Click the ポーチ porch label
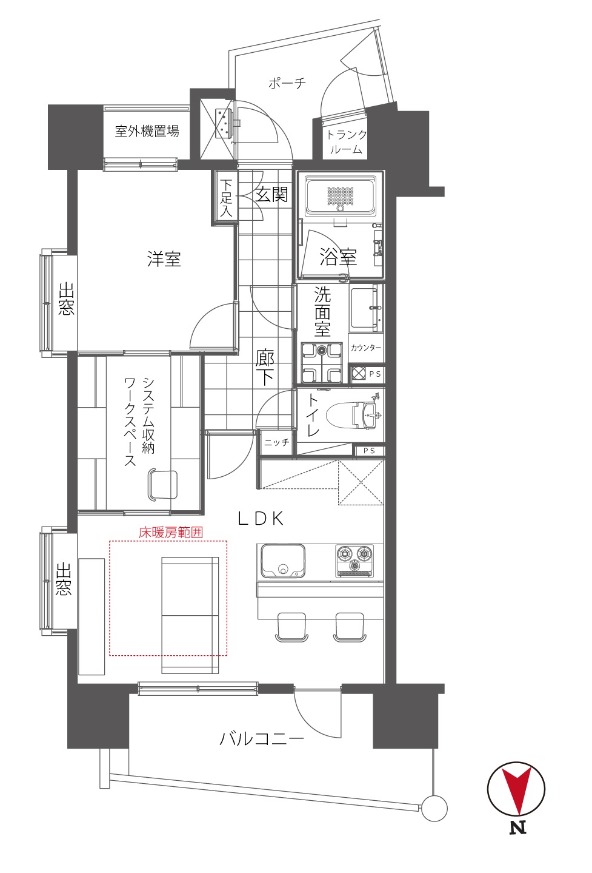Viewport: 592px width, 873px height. [x=287, y=83]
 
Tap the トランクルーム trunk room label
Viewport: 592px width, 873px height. [x=346, y=142]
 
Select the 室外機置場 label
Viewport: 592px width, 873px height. [x=147, y=131]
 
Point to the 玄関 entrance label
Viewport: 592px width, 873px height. [x=271, y=194]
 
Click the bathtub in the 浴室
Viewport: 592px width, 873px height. [x=341, y=196]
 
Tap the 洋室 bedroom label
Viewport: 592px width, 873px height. [x=164, y=259]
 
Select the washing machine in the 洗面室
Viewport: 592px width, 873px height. [x=322, y=362]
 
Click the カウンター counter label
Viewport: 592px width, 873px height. [x=366, y=348]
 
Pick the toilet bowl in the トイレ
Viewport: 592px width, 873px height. [x=351, y=416]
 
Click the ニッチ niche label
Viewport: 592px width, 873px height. [x=277, y=442]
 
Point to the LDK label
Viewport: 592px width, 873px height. [x=261, y=519]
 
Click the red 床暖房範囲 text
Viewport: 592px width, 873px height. [x=171, y=533]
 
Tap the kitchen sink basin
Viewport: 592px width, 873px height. [x=283, y=561]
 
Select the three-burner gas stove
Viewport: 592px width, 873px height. [x=354, y=561]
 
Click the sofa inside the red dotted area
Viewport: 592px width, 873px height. [x=190, y=615]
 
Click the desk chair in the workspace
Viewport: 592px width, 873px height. [x=162, y=485]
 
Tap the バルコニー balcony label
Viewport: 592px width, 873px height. [x=262, y=738]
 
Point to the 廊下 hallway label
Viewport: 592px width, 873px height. [x=265, y=367]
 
